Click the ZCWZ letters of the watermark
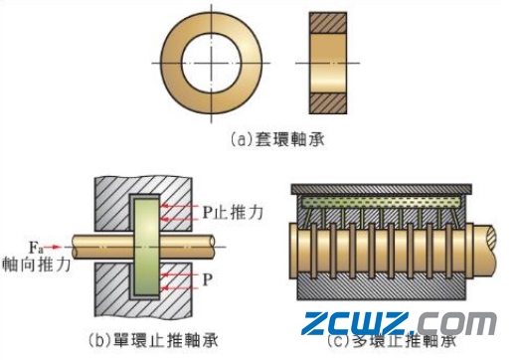352,324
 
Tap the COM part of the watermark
458,324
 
